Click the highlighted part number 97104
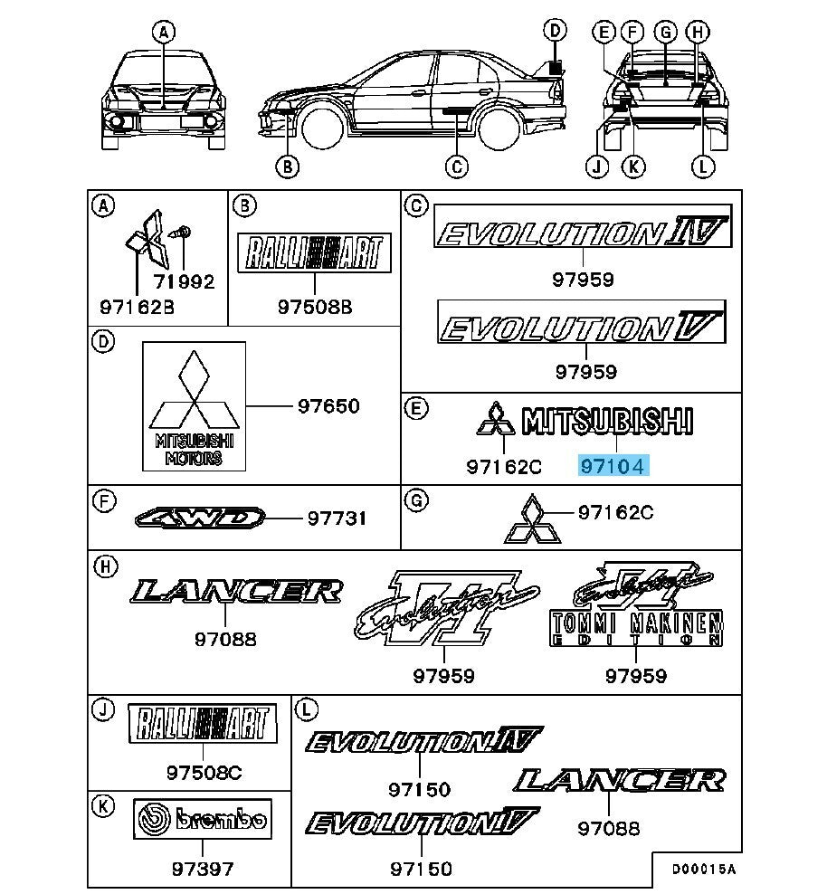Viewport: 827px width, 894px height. (x=615, y=466)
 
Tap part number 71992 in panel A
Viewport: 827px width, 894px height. (x=184, y=281)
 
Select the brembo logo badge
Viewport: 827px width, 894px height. (x=201, y=820)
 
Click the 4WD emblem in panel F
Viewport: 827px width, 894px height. (x=200, y=518)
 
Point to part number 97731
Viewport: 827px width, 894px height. (x=337, y=518)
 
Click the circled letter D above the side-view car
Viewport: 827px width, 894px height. (x=556, y=33)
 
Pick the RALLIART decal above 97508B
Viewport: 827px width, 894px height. (x=314, y=252)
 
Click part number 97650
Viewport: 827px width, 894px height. (x=328, y=406)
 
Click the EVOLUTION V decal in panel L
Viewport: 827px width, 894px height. (x=421, y=823)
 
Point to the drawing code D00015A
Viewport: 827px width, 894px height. (x=703, y=869)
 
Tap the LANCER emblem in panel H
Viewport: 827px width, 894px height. (x=237, y=592)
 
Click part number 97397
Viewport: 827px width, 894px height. (x=202, y=869)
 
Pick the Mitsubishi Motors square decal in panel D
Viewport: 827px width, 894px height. (x=194, y=406)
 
